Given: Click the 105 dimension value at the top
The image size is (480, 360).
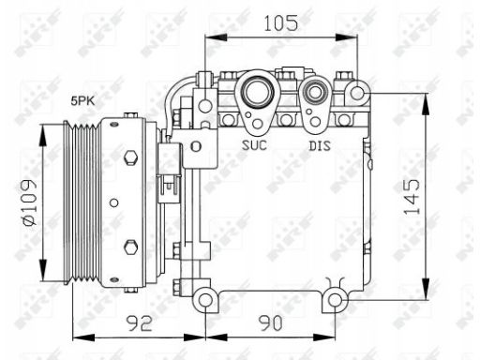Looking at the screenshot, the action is tap(281, 23).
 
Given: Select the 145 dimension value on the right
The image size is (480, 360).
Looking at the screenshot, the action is tap(412, 197).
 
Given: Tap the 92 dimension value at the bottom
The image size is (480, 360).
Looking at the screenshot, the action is tap(140, 322).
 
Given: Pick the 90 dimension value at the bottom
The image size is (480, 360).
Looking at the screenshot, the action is tap(271, 322).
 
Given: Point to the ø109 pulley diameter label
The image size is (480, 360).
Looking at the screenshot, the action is tap(29, 202).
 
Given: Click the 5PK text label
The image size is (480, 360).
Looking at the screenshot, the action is tap(82, 101).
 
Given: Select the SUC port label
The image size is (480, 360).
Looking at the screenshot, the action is tap(254, 145).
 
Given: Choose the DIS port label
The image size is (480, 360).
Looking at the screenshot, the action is tap(320, 145).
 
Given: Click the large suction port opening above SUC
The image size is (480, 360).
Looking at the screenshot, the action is tap(259, 92).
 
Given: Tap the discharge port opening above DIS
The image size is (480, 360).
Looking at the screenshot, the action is tap(315, 93).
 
